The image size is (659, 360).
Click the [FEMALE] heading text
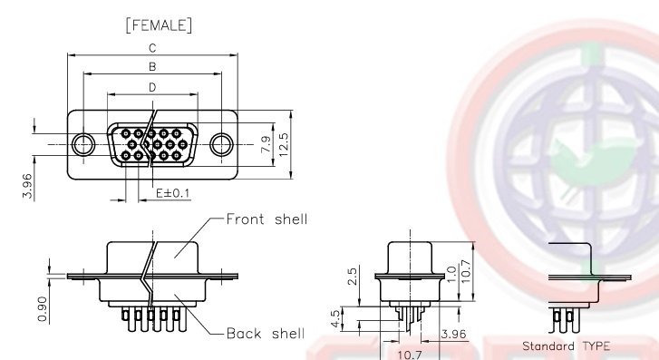click(152, 25)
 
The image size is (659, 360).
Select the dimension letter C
click(152, 47)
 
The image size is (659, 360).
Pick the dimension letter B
click(152, 67)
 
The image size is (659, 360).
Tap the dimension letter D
click(152, 87)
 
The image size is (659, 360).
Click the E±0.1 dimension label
click(172, 193)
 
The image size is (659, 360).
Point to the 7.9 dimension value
click(265, 144)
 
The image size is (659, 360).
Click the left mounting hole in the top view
click(83, 143)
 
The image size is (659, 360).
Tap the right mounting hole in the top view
click(222, 143)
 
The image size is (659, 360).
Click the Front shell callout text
click(267, 219)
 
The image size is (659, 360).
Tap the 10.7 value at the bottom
click(412, 354)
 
